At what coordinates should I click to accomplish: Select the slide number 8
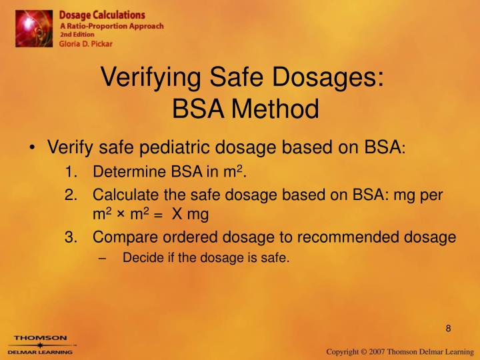click(449, 328)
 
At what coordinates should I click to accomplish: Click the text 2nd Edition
click(77, 35)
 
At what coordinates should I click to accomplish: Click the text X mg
click(190, 215)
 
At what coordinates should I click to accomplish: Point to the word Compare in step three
click(121, 237)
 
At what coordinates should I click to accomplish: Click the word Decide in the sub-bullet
click(139, 258)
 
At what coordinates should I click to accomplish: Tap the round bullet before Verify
click(33, 147)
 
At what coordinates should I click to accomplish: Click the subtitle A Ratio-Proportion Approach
click(111, 26)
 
